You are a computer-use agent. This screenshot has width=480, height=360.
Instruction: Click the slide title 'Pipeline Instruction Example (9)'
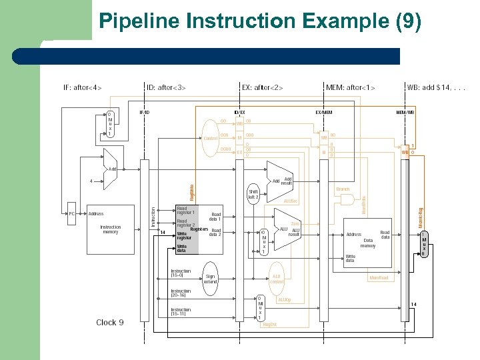[x=260, y=21]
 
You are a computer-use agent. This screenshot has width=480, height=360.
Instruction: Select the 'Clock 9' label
[x=110, y=323]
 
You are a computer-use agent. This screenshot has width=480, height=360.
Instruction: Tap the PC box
[x=71, y=214]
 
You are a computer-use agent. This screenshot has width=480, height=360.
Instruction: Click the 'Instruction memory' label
[x=111, y=230]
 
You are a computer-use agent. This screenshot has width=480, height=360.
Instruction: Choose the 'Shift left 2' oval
[x=253, y=194]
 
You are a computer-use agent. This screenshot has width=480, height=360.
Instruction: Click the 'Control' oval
[x=211, y=138]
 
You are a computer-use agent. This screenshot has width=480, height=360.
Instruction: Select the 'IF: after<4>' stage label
[x=83, y=87]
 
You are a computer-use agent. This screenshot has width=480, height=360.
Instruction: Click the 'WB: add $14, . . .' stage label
[x=437, y=87]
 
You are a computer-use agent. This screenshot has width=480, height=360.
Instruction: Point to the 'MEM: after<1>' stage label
[x=351, y=87]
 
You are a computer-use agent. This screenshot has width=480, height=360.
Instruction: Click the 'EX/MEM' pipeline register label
[x=323, y=112]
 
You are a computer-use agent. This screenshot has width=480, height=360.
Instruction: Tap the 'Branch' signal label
[x=343, y=189]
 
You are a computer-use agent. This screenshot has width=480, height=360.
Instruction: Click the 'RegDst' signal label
[x=269, y=324]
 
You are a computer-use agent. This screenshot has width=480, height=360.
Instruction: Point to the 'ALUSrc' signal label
[x=291, y=201]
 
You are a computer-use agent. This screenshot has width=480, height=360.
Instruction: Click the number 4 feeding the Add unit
[x=91, y=181]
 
